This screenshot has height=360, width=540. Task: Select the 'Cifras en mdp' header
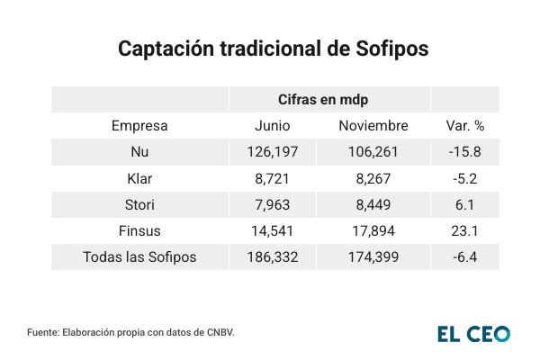[x=329, y=99]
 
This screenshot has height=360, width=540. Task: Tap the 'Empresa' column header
[x=139, y=126]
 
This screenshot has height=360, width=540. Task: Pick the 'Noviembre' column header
[x=373, y=126]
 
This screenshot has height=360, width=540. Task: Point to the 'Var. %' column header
[x=465, y=126]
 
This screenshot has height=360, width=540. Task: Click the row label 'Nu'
[x=139, y=152]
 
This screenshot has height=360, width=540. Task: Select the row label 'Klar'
[x=139, y=178]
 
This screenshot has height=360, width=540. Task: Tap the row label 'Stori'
[x=139, y=204]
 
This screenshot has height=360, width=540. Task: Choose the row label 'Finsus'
[x=139, y=230]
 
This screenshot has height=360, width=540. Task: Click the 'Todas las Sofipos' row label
[x=139, y=257]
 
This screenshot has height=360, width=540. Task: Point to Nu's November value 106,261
[x=373, y=152]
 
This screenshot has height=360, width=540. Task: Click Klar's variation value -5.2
[x=465, y=178]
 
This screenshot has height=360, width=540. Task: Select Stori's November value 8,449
[x=373, y=204]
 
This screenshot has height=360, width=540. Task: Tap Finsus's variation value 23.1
[x=465, y=230]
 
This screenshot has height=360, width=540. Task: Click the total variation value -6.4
[x=465, y=257]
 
